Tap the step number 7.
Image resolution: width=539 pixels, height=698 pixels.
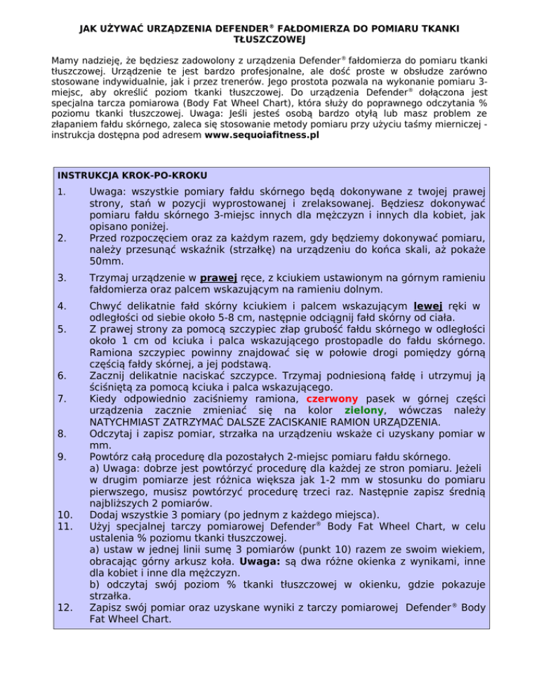(x=62, y=397)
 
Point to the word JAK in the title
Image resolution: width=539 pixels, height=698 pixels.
(x=90, y=28)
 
